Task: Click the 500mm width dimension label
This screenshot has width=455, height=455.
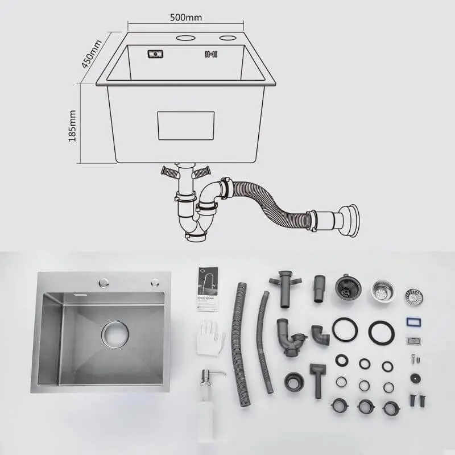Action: [186, 18]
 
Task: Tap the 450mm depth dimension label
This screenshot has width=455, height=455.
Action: [91, 54]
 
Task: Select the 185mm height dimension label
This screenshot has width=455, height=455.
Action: [72, 126]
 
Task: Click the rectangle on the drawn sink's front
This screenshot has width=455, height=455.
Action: [186, 126]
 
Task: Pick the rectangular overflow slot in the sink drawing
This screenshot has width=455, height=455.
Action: [155, 54]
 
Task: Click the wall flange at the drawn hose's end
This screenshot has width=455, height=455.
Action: [350, 221]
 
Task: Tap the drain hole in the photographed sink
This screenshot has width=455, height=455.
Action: [115, 334]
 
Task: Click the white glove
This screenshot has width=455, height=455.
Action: [210, 338]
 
